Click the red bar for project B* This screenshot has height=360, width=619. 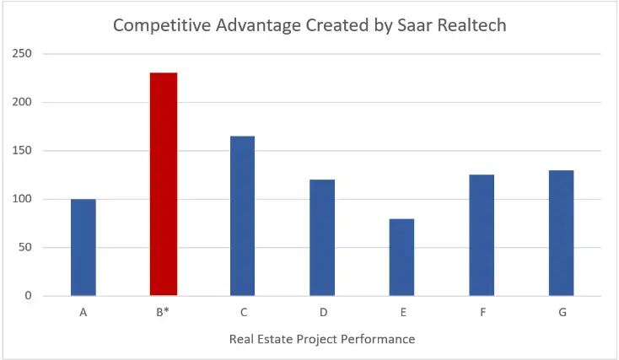pyautogui.click(x=163, y=184)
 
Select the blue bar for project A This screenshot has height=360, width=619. pyautogui.click(x=83, y=247)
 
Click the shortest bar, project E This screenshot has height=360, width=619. pyautogui.click(x=401, y=257)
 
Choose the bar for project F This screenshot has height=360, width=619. pyautogui.click(x=482, y=235)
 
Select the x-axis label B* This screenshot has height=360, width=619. pyautogui.click(x=163, y=313)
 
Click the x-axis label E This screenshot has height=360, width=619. pyautogui.click(x=402, y=313)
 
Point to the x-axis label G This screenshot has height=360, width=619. pyautogui.click(x=562, y=313)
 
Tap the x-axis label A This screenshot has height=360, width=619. pyautogui.click(x=83, y=313)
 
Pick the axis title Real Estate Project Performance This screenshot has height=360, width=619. pyautogui.click(x=322, y=339)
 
